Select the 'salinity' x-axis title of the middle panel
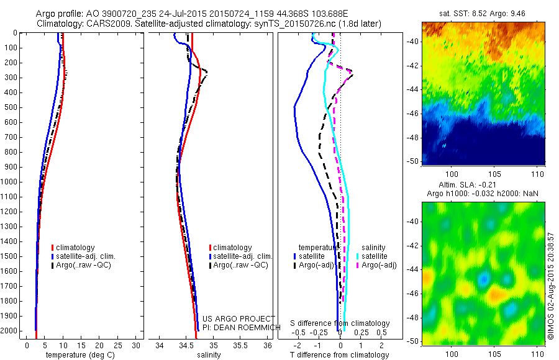[x=209, y=355]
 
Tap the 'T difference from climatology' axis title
[x=340, y=355]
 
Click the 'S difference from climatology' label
[x=340, y=323]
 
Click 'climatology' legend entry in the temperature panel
[x=75, y=248]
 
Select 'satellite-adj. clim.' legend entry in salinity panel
[x=242, y=256]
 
